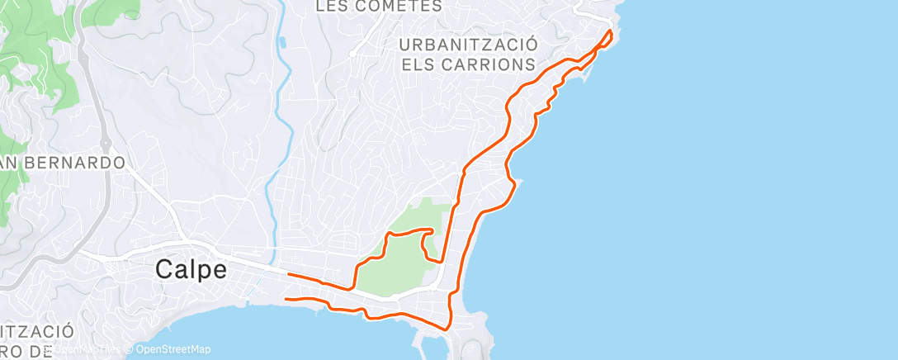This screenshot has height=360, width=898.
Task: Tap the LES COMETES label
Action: (x=380, y=6)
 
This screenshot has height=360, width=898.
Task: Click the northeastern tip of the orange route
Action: (x=611, y=31)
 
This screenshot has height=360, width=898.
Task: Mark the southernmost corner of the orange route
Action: (x=447, y=329)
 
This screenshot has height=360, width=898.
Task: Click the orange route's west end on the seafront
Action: (x=285, y=299)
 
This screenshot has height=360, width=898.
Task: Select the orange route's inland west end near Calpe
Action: (x=287, y=274)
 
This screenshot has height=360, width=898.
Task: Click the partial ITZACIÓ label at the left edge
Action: (x=36, y=331)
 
